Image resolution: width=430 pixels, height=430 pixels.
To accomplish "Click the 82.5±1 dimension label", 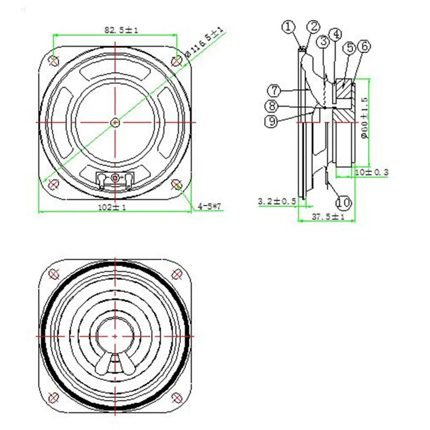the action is pyautogui.click(x=121, y=30).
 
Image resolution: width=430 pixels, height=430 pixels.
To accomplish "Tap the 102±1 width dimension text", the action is pyautogui.click(x=112, y=207).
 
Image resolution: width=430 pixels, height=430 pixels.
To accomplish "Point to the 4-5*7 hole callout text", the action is pyautogui.click(x=210, y=206).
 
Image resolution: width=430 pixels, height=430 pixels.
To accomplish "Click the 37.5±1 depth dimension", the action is pyautogui.click(x=328, y=217).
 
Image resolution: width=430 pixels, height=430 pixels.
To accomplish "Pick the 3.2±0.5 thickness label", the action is pyautogui.click(x=277, y=201).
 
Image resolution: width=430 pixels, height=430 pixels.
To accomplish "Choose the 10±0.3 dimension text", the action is pyautogui.click(x=372, y=172).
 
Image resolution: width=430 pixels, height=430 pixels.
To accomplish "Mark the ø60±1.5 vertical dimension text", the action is pyautogui.click(x=365, y=118).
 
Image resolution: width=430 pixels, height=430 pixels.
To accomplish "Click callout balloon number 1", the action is pyautogui.click(x=288, y=27).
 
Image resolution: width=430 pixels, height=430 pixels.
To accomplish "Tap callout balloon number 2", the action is pyautogui.click(x=313, y=26).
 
